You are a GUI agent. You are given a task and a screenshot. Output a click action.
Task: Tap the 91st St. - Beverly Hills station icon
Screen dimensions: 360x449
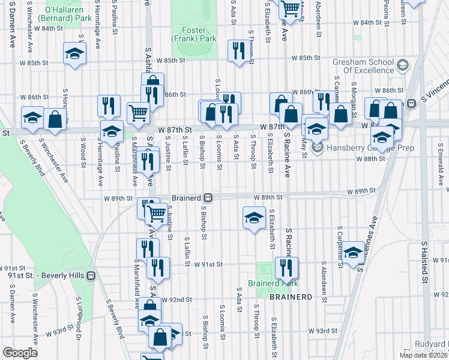pos(91,275)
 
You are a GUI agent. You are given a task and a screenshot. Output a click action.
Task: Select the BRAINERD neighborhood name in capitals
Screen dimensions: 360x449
pos(291,297)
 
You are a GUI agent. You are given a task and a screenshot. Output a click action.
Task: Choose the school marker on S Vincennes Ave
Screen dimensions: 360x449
pos(354,251)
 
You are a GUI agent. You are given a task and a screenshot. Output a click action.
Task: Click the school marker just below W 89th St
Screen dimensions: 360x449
pos(254,217)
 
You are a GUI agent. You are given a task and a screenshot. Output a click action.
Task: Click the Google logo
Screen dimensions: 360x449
pos(20,353)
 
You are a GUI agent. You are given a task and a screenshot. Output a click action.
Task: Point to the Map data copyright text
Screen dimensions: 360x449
pos(423,355)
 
